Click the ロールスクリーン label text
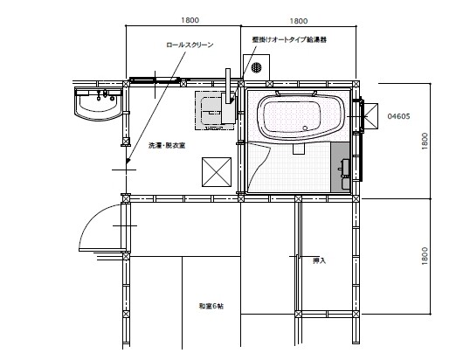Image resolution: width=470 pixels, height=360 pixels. point(190,45)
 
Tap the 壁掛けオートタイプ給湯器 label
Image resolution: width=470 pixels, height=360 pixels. point(289,39)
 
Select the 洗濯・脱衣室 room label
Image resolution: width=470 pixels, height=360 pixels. point(167,146)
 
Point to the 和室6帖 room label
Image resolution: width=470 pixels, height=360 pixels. point(211,307)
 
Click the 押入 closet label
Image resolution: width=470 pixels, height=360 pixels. point(319,260)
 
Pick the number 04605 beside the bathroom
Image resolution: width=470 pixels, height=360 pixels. point(398,116)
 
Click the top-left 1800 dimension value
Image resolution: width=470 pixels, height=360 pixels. point(190,20)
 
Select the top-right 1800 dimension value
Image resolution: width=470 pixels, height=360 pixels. point(299,21)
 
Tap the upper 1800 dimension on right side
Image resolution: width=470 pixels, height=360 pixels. point(425,141)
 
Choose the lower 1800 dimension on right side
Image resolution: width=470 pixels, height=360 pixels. point(425,256)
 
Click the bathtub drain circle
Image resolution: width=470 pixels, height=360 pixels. point(305,128)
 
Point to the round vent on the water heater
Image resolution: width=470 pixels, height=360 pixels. point(256,67)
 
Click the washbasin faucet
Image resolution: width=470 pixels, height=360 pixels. point(105,94)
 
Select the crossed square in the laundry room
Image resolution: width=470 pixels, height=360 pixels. point(217,172)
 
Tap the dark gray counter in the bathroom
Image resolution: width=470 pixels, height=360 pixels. point(341,167)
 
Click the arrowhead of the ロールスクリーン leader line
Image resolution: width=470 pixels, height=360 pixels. point(128,162)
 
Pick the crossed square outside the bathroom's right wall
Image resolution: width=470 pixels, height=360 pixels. point(370,116)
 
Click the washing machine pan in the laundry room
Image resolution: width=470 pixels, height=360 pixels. point(215,110)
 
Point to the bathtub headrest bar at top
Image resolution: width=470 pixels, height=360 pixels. point(296,93)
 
